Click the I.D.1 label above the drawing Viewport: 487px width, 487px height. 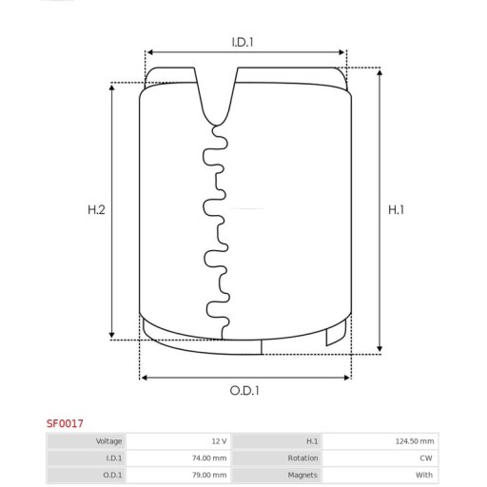tap(243, 42)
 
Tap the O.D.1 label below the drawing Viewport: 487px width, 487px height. tap(244, 391)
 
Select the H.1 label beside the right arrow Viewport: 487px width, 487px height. tap(397, 209)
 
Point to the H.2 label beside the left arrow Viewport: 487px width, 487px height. tap(96, 209)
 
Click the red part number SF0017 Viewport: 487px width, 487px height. tap(65, 423)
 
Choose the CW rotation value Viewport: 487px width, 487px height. tap(426, 458)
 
